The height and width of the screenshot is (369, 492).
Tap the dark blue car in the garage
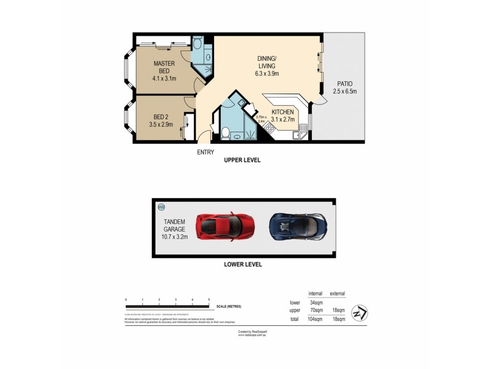[297, 226]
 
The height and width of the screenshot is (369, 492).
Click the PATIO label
[344, 87]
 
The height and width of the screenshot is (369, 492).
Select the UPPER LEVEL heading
[243, 160]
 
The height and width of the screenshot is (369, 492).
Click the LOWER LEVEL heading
[243, 264]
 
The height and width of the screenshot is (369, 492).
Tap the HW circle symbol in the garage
[162, 207]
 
